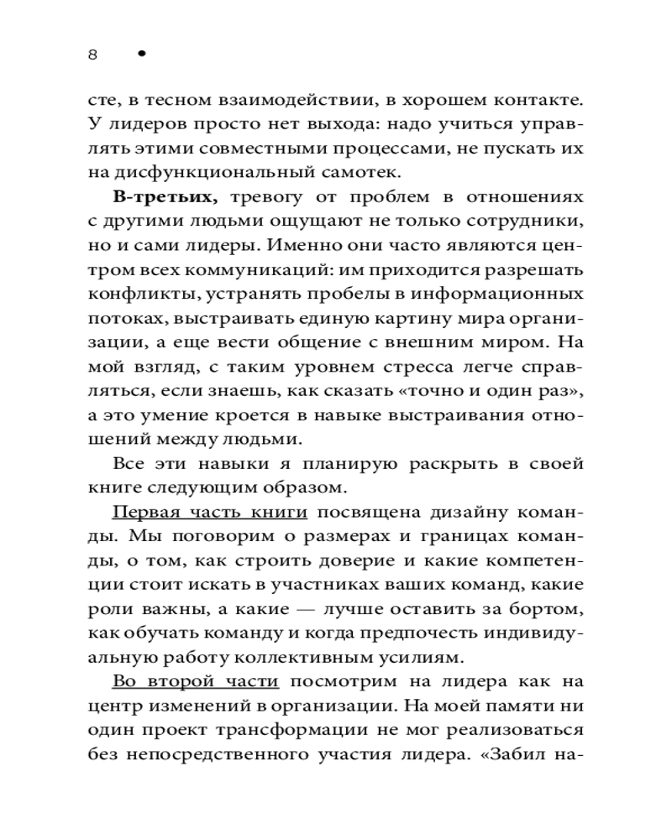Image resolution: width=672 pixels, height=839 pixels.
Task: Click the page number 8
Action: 92,55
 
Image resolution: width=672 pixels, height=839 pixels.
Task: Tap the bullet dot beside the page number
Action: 141,54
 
